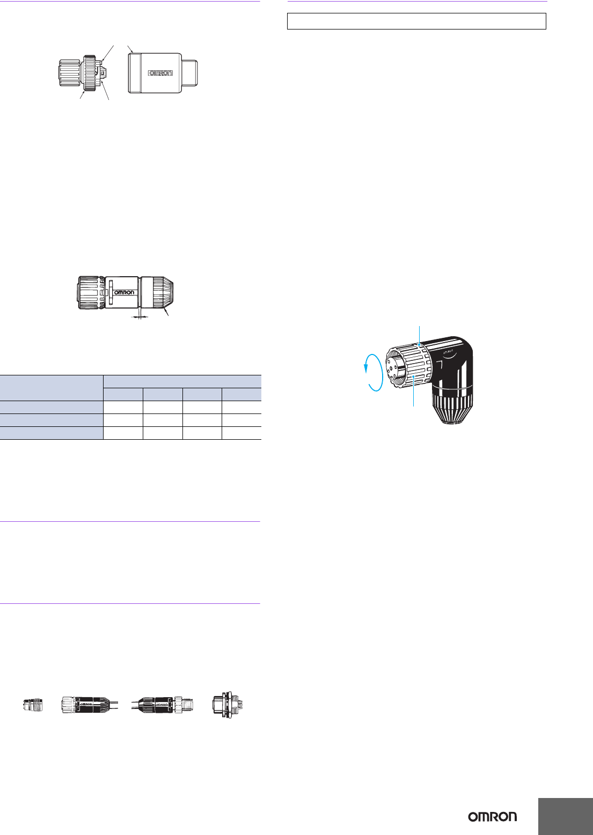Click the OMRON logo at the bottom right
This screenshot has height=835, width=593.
click(x=492, y=817)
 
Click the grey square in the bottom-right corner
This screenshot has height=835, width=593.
click(x=566, y=816)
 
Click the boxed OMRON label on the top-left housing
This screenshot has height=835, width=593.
click(x=161, y=73)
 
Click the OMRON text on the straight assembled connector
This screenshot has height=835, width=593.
click(x=124, y=292)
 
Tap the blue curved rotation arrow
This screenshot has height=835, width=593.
click(x=374, y=372)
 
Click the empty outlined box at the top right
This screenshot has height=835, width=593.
click(x=416, y=21)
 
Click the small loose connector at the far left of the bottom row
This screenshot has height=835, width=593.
click(x=33, y=705)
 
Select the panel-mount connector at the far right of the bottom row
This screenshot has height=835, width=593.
click(x=228, y=705)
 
